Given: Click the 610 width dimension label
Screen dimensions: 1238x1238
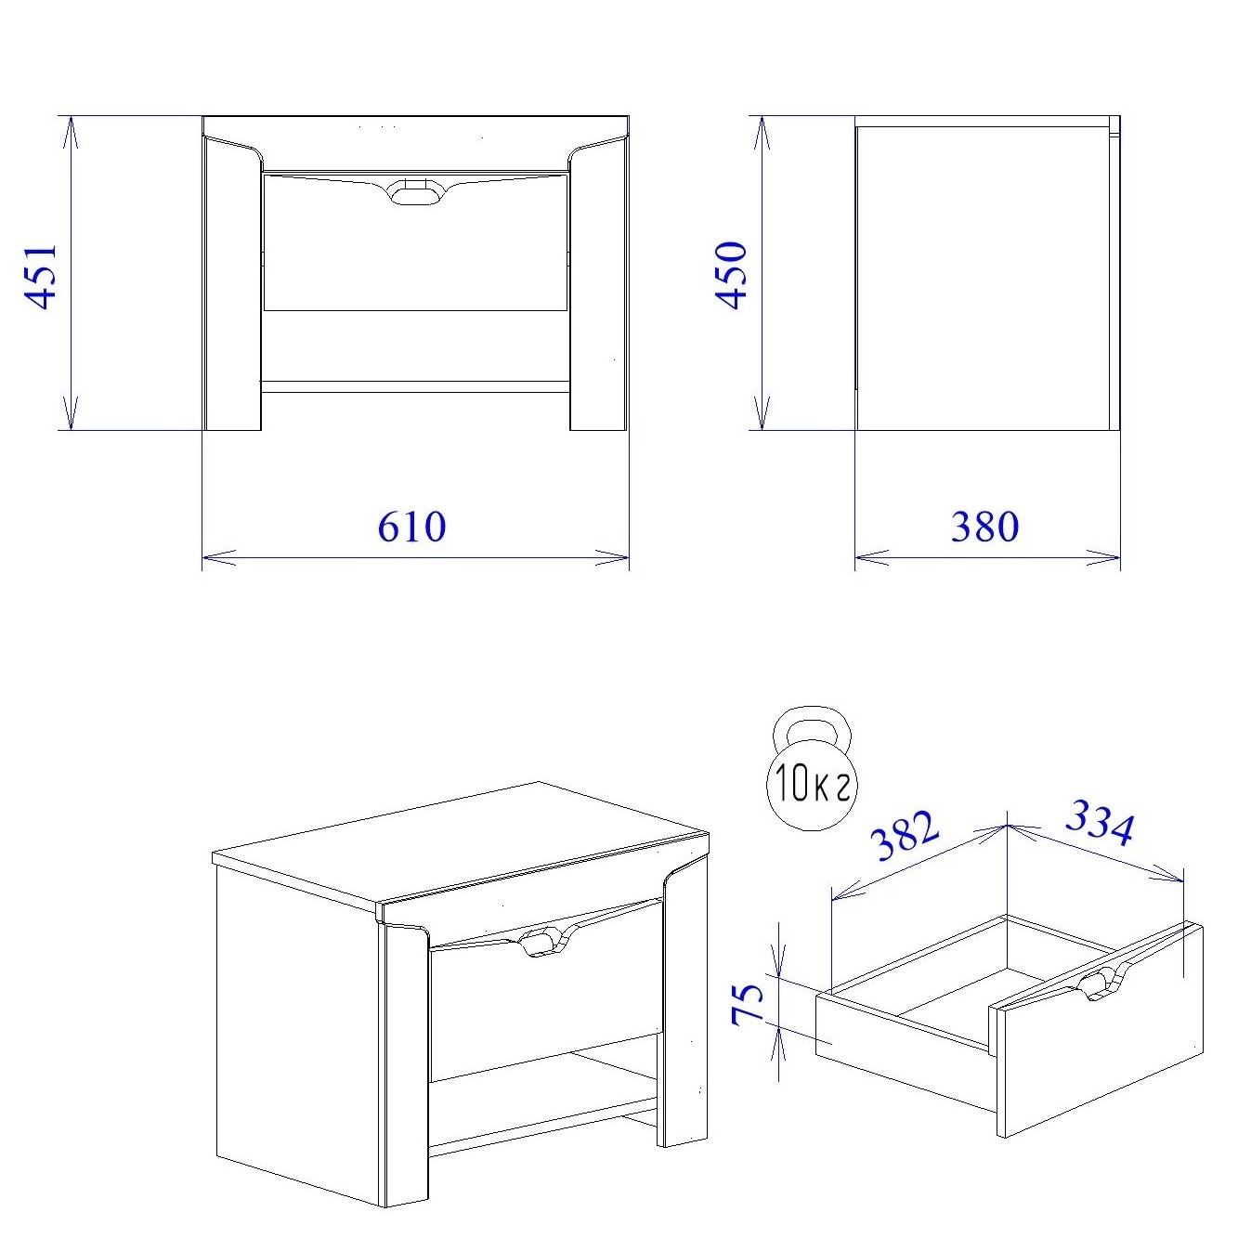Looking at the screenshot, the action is pos(411,527).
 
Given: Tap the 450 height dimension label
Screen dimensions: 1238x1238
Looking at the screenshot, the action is pos(731,276).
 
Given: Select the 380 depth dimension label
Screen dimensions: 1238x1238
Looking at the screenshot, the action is pos(984,527).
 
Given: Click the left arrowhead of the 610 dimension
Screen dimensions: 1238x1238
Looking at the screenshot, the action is pos(219,557).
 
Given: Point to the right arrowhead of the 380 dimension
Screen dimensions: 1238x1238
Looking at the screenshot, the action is pos(1103,557).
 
